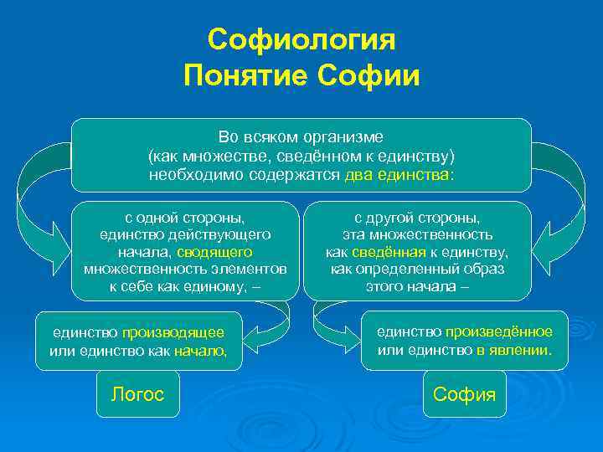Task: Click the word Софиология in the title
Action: click(x=301, y=39)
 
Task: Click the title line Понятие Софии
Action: click(x=301, y=76)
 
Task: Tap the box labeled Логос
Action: click(x=137, y=394)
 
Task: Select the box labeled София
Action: click(x=464, y=394)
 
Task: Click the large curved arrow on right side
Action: click(x=566, y=197)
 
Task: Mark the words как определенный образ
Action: click(x=416, y=269)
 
